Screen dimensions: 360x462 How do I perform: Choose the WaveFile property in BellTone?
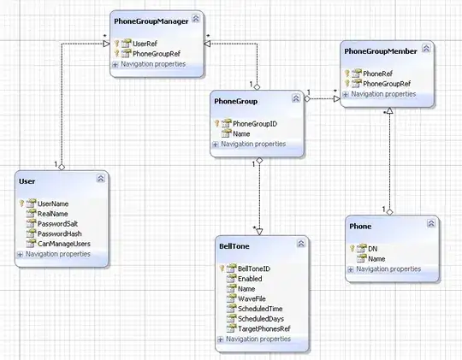click(x=241, y=298)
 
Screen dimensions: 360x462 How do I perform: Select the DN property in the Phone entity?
click(x=373, y=248)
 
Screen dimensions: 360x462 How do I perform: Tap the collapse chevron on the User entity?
click(x=101, y=179)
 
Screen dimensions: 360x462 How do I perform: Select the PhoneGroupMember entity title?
click(x=380, y=51)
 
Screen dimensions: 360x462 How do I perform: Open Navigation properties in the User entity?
click(x=57, y=254)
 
